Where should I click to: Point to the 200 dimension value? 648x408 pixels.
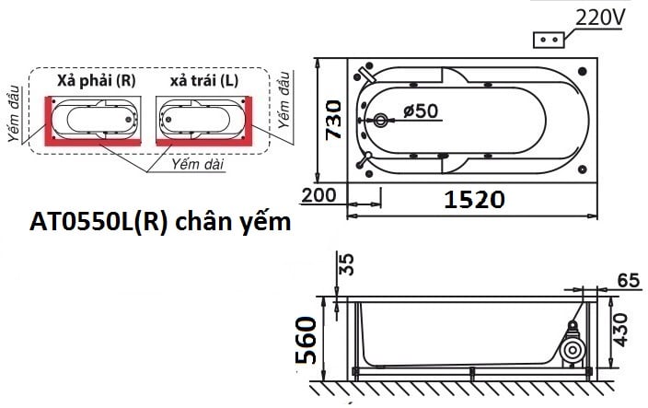319,196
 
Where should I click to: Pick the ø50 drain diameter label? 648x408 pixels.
421,111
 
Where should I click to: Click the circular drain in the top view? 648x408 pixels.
382,121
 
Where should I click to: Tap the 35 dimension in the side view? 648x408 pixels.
347,266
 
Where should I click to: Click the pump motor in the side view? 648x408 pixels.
573,349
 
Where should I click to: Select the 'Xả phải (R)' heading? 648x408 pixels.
97,80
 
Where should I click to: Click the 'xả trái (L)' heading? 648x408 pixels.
203,80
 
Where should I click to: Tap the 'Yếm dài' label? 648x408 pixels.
194,163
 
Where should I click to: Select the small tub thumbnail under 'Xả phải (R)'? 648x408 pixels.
97,120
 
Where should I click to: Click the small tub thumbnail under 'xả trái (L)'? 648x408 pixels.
203,120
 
